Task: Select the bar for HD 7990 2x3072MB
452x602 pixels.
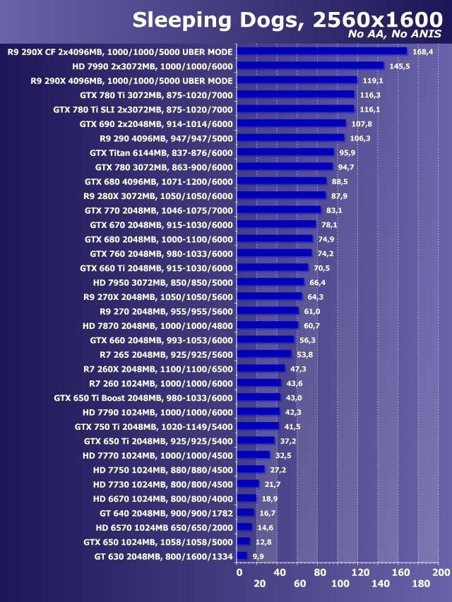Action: (x=310, y=66)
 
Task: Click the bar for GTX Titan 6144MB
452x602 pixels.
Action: (x=285, y=152)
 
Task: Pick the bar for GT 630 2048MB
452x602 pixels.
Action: (x=242, y=556)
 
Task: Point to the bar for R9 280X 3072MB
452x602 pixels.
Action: (x=281, y=195)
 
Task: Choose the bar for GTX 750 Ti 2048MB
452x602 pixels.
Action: (x=258, y=426)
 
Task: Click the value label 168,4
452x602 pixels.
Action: (x=423, y=52)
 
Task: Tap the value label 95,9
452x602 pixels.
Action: (x=347, y=152)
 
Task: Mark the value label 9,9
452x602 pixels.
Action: (x=258, y=557)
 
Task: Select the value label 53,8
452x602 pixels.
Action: (x=304, y=354)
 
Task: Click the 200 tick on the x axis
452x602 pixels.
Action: (x=440, y=572)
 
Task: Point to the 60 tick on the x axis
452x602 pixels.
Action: (x=300, y=584)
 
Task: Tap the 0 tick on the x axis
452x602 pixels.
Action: (x=239, y=572)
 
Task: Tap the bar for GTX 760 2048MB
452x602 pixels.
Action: (x=274, y=253)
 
